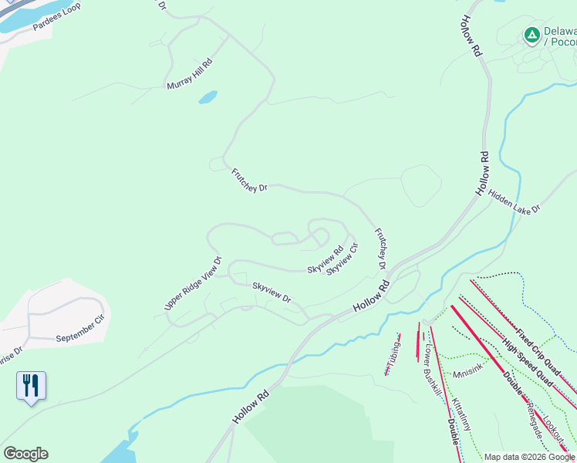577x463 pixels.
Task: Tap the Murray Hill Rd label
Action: click(189, 74)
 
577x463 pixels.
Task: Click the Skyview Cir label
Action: click(342, 259)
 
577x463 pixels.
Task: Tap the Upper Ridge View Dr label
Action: click(193, 284)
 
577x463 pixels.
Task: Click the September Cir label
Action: click(79, 329)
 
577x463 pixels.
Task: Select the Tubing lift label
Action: click(394, 354)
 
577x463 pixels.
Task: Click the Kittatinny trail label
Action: click(461, 414)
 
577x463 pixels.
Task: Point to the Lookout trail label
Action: click(553, 434)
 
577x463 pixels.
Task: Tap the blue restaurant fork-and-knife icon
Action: click(31, 384)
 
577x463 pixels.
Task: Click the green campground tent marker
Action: click(531, 35)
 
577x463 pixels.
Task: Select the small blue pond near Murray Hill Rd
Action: click(208, 98)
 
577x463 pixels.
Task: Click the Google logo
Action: click(25, 454)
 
